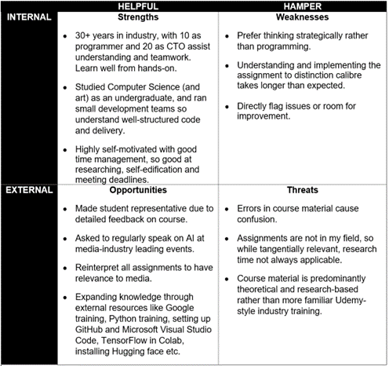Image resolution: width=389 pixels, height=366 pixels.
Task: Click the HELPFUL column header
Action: (x=136, y=5)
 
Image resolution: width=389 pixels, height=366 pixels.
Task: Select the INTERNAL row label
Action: (x=30, y=16)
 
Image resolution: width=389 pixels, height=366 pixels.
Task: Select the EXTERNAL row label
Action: (x=30, y=189)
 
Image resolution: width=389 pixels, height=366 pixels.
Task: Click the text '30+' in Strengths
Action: (x=85, y=37)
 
